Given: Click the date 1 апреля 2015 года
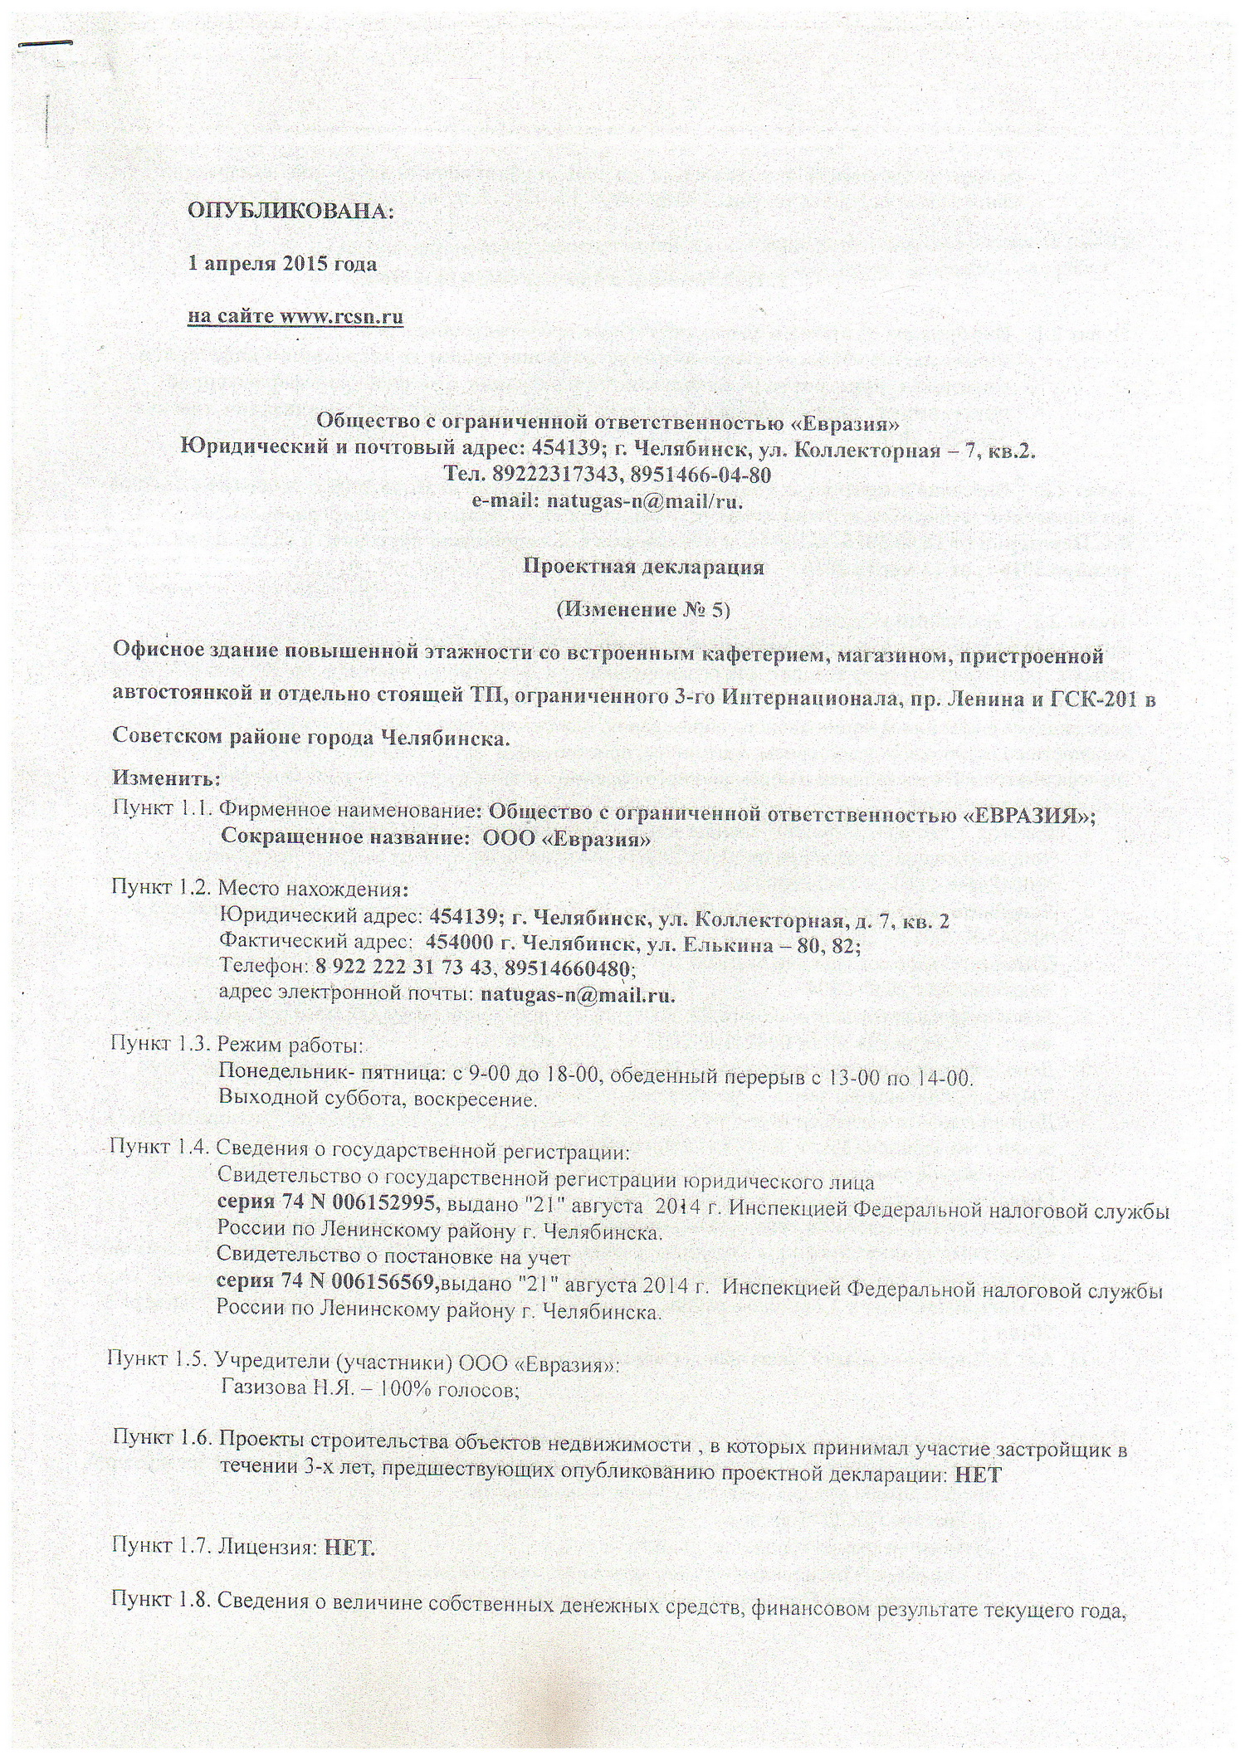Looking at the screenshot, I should tap(282, 264).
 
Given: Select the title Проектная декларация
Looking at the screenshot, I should tap(642, 568).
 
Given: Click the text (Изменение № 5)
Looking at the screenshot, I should tap(642, 610).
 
